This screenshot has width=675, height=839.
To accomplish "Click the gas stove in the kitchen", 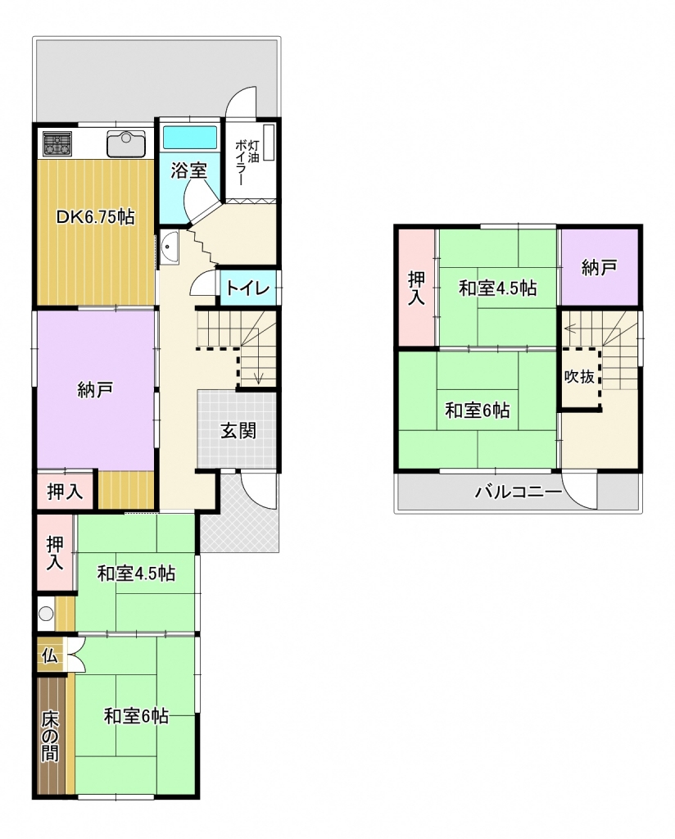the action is coord(58,143).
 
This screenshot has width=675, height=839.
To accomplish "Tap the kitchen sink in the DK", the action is coord(126,144).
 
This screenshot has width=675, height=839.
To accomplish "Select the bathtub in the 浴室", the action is coord(190,137).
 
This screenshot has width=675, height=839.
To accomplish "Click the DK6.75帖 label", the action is coord(96,216).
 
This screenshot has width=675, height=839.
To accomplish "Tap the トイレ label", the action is coord(247,288).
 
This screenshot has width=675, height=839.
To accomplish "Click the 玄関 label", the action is coord(238,431).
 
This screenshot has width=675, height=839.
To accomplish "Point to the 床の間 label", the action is coord(50,735).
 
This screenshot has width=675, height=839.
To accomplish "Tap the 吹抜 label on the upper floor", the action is coord(579,376).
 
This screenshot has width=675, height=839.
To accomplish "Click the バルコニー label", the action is coord(519,492).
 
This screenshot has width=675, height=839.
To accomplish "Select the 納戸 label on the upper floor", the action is coord(599,268).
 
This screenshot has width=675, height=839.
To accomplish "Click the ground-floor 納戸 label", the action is coord(95,389).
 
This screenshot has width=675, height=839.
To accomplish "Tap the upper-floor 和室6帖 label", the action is coord(478,411).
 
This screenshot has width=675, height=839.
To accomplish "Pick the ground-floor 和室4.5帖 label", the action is coord(136,574).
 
